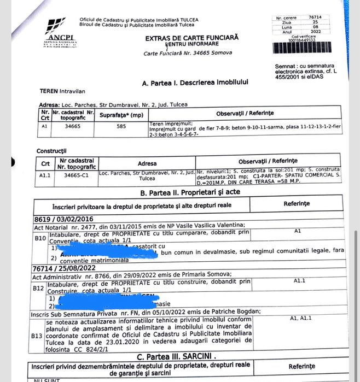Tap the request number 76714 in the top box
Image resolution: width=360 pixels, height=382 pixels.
pyautogui.click(x=315, y=17)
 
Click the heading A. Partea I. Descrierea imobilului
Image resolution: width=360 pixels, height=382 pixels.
pyautogui.click(x=195, y=83)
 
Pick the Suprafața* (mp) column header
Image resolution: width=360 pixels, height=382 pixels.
pyautogui.click(x=121, y=115)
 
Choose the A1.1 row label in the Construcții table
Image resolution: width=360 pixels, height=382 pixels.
pyautogui.click(x=45, y=175)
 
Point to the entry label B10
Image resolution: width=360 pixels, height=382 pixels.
pyautogui.click(x=40, y=238)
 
